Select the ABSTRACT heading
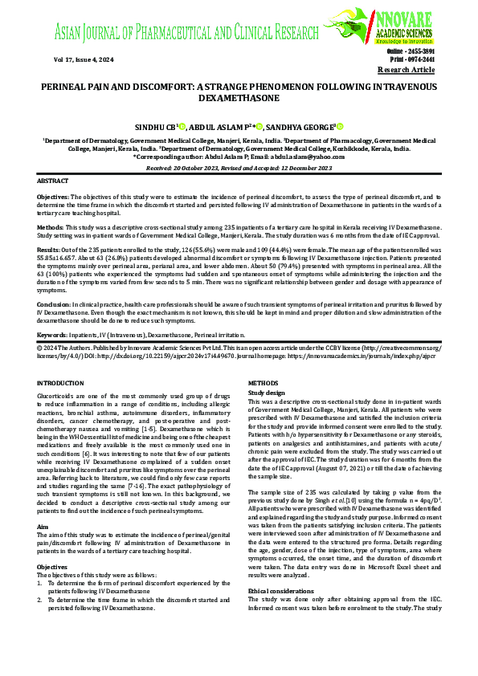coord(53,183)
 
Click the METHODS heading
coord(264,385)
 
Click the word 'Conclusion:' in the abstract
coord(55,304)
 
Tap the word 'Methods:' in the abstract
coord(51,226)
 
